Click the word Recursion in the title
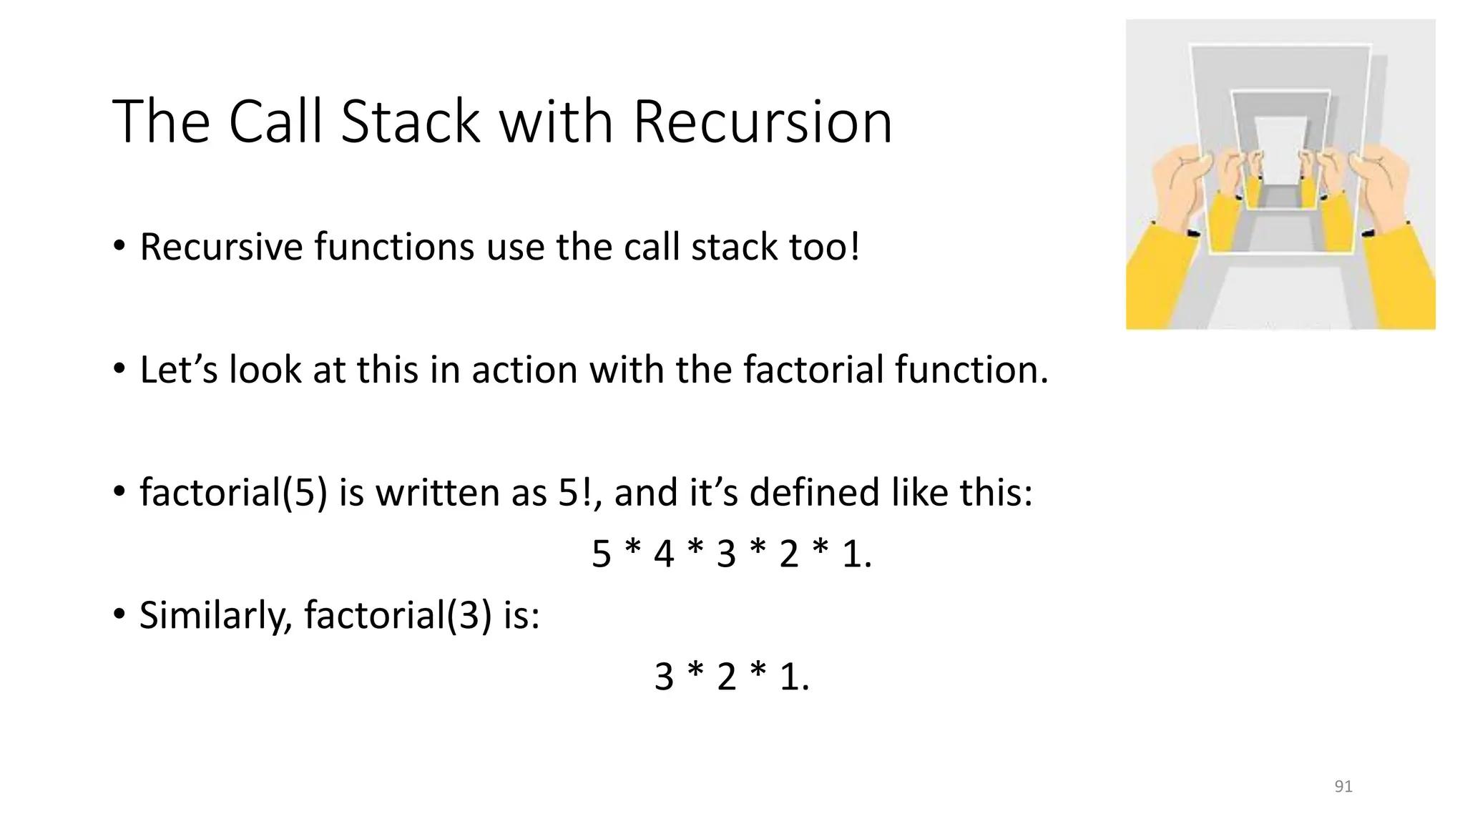763,122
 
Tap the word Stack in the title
410,122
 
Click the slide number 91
1343,786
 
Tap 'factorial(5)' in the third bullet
233,493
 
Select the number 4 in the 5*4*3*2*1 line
664,554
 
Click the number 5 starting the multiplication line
602,554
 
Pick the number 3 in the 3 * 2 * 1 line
664,677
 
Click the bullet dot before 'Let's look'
119,370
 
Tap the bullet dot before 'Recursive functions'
119,247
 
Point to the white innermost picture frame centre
1280,150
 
